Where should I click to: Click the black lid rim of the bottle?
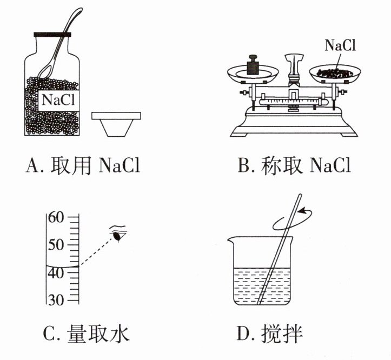tap(53, 34)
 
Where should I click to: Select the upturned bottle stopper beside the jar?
tap(116, 123)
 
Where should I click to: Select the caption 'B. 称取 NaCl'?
tap(294, 165)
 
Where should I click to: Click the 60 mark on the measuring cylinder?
tap(56, 218)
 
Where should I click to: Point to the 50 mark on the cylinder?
tap(56, 245)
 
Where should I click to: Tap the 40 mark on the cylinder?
tap(56, 272)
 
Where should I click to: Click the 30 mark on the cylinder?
tap(56, 300)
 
